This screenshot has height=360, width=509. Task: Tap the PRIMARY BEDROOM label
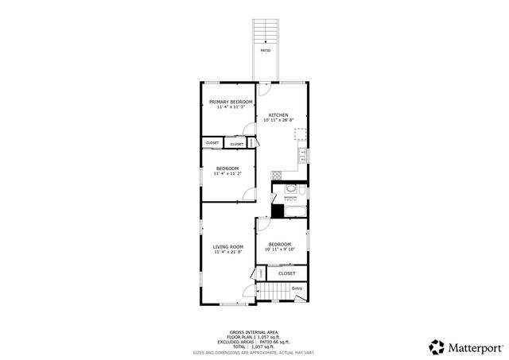tap(231, 102)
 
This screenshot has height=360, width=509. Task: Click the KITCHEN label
tap(278, 114)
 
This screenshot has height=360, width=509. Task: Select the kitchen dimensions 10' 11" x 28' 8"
tap(278, 120)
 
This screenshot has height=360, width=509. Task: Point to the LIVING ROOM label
tap(227, 247)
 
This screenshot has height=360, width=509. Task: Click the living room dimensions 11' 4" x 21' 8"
tap(227, 253)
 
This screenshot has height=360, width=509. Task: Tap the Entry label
tap(297, 288)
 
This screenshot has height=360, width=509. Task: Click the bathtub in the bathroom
tap(295, 211)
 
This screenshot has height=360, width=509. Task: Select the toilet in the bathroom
tap(291, 189)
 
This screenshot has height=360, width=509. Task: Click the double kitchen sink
tap(303, 155)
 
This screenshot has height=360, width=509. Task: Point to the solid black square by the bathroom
tap(277, 211)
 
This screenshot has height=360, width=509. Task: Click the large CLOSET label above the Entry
tap(286, 273)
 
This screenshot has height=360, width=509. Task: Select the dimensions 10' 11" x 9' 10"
tap(279, 250)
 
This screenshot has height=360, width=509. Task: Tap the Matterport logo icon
tap(437, 346)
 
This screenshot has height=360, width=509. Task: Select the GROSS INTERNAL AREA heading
tap(254, 333)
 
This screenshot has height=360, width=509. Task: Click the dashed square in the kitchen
tap(301, 134)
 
